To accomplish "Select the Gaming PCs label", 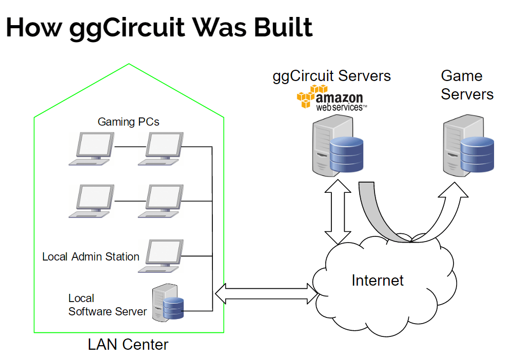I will click(x=128, y=122).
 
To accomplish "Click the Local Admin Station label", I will click(x=91, y=256).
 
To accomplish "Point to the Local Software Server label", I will click(x=107, y=305).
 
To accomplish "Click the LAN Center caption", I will click(x=128, y=345).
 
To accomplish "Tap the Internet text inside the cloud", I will click(x=378, y=281).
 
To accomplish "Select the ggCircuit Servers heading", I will click(x=331, y=76).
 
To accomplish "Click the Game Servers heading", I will click(x=467, y=85).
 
